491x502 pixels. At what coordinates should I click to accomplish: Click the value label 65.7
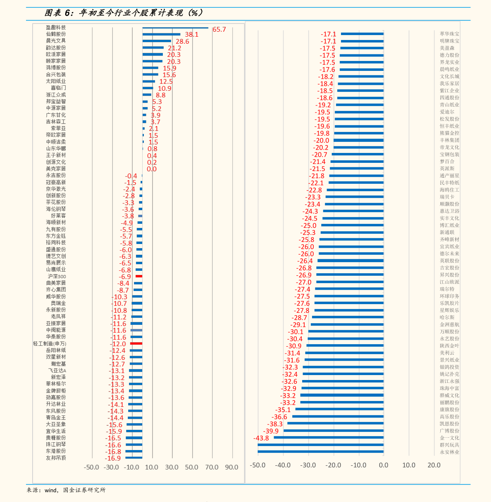(x=219, y=29)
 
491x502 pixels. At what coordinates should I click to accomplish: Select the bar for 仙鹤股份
(x=161, y=34)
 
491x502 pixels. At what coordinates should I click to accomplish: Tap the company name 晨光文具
(x=56, y=41)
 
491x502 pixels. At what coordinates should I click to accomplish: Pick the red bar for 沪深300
(x=139, y=276)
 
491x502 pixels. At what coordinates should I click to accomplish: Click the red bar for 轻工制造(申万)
(x=136, y=343)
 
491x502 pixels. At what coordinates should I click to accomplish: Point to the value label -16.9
(x=113, y=458)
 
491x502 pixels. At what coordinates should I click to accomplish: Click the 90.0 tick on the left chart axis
(x=231, y=467)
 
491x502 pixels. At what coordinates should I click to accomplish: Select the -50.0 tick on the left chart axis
(x=91, y=467)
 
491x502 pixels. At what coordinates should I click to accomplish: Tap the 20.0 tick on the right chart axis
(x=434, y=465)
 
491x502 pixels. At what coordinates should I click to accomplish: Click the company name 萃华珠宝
(x=449, y=34)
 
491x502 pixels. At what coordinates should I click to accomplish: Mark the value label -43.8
(x=261, y=438)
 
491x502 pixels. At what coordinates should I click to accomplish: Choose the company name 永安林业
(x=449, y=452)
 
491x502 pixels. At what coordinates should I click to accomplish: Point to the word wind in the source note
(x=51, y=490)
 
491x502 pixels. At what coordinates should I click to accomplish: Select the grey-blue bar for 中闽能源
(x=136, y=330)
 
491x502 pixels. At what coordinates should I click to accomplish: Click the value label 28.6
(x=182, y=41)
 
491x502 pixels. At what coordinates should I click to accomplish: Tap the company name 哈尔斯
(x=447, y=317)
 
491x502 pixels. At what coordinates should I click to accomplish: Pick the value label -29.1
(x=298, y=325)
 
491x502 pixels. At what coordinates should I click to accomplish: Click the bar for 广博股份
(x=334, y=431)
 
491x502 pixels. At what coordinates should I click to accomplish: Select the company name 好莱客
(x=58, y=216)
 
